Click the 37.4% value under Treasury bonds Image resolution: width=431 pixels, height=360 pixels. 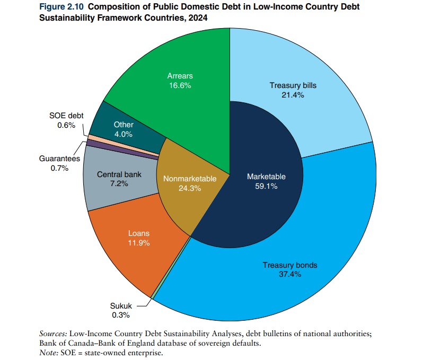click(289, 275)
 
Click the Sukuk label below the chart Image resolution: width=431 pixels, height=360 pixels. click(120, 306)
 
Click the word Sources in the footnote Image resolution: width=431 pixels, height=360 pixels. click(53, 334)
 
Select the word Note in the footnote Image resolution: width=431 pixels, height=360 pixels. click(48, 353)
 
